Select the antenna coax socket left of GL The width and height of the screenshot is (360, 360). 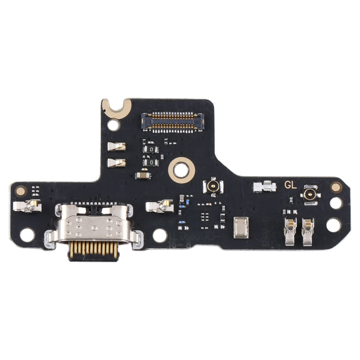211,186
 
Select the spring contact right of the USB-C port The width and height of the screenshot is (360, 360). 158,206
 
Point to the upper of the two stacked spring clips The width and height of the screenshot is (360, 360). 117,146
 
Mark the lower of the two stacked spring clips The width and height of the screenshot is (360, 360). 117,163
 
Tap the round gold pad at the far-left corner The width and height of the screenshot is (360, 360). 20,191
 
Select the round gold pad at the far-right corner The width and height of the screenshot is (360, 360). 336,187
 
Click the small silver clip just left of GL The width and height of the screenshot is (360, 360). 264,186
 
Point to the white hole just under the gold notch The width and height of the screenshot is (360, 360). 113,125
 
